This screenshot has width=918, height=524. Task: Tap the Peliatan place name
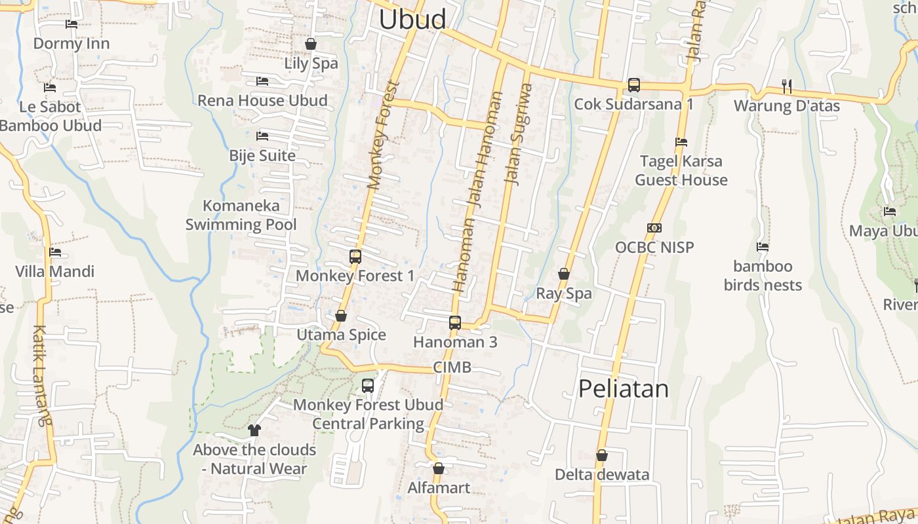[623, 388]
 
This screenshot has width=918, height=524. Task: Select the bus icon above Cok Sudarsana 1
[633, 84]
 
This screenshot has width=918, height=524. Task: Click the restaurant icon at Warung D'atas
[787, 85]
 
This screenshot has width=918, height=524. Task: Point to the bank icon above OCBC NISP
[654, 228]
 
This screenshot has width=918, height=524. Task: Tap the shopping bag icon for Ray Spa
[564, 274]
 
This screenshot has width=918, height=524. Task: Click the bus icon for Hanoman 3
[455, 322]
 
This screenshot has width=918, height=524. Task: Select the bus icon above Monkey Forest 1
[355, 256]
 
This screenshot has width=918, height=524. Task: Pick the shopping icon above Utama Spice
[341, 316]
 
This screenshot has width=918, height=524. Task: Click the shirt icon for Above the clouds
[254, 430]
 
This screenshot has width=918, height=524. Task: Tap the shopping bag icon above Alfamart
[439, 468]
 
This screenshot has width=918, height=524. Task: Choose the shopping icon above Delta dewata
[602, 455]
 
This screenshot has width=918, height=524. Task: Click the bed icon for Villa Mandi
[55, 252]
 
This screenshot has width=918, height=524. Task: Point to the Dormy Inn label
[71, 44]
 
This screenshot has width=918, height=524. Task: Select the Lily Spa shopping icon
[311, 44]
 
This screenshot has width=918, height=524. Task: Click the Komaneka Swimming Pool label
[241, 215]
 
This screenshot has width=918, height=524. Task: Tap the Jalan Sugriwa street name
[517, 134]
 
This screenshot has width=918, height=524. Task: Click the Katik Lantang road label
[41, 376]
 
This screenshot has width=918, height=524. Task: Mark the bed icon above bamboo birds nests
[763, 247]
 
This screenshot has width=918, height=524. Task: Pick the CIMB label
[452, 367]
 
